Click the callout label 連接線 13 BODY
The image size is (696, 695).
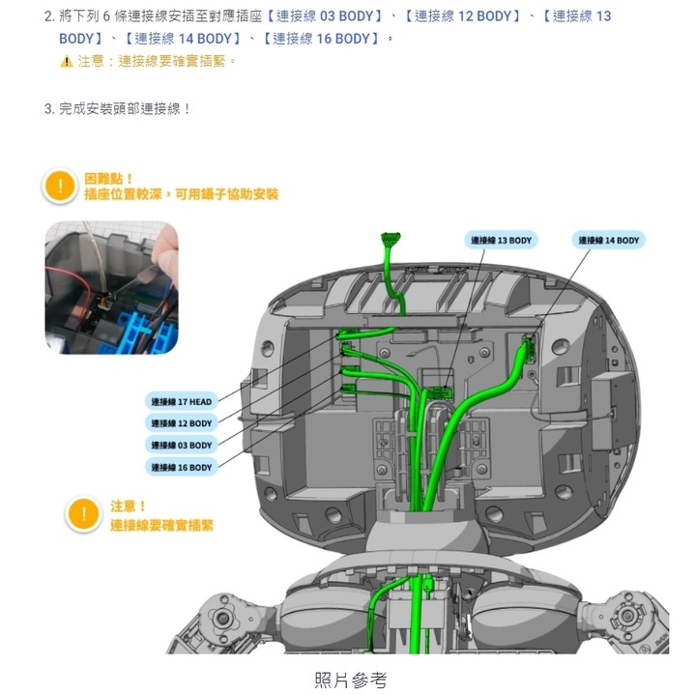pos(501,241)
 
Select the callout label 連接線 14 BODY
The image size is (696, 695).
pos(609,241)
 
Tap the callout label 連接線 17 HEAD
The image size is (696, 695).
pos(180,401)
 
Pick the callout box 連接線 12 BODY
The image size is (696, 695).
pos(180,423)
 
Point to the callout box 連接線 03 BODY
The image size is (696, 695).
pos(180,446)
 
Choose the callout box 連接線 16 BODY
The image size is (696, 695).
pos(180,468)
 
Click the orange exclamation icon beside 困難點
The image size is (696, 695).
pos(61,186)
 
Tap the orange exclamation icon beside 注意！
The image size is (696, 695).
pos(84,515)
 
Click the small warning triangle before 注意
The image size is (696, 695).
pos(66,62)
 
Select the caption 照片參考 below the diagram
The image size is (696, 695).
pos(350,681)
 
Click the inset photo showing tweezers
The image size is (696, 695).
pos(111,287)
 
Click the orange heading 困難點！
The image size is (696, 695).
pos(109,178)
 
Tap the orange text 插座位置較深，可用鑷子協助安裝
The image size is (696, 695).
pos(181,194)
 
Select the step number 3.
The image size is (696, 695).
pos(48,108)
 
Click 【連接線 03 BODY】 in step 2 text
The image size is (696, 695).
pos(325,16)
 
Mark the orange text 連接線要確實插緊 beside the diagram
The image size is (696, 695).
pos(161,525)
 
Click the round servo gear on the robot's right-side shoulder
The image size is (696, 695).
pos(633,615)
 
